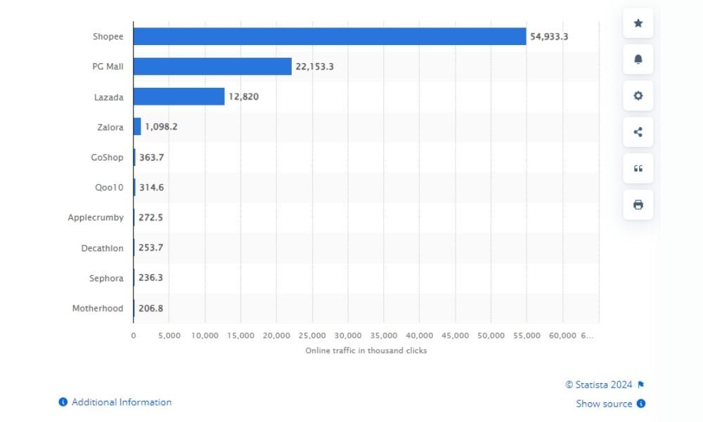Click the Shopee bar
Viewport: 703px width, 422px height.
329,37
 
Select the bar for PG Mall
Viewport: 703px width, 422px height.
212,66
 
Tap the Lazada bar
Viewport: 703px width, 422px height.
179,96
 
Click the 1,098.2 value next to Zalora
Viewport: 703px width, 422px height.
161,127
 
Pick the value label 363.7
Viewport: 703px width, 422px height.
151,158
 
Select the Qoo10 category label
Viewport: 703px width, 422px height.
109,188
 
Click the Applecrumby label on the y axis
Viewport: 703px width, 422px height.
96,218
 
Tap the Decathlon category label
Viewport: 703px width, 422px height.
102,248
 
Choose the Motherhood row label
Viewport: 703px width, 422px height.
98,308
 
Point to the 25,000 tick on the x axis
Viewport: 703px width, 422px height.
313,335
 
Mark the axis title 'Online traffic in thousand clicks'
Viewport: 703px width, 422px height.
366,350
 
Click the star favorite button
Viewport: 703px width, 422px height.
638,23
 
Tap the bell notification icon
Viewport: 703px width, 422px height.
638,59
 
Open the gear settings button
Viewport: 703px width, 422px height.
638,96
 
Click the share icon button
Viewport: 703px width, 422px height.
638,132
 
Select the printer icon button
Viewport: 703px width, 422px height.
638,205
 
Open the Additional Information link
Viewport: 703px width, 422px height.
121,402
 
